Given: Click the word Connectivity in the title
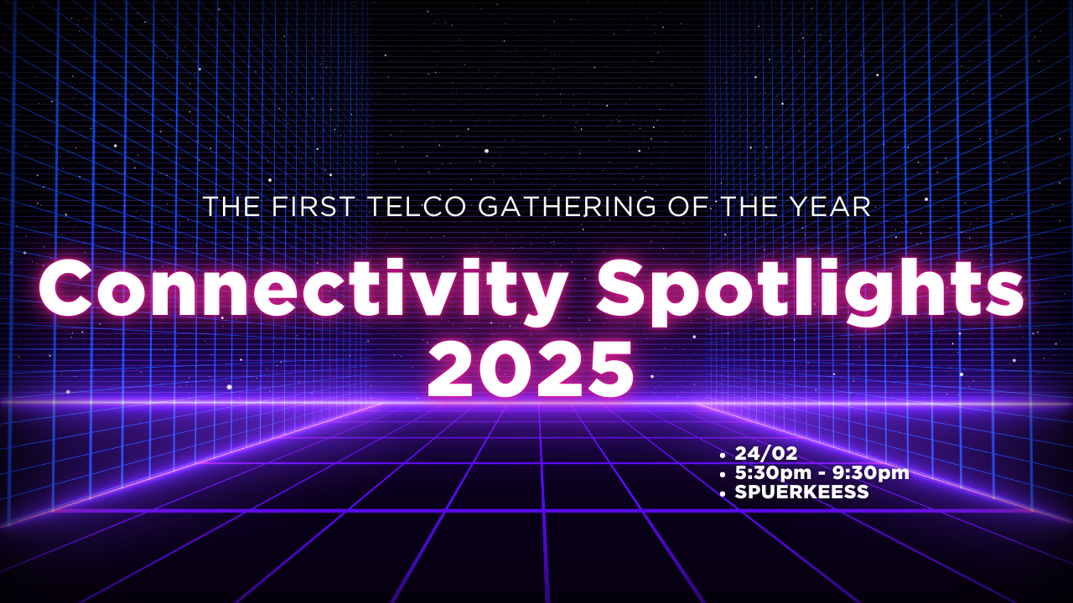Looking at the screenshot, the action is [x=303, y=291].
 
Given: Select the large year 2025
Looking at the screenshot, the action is [x=531, y=369].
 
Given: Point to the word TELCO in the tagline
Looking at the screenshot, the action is [x=417, y=206].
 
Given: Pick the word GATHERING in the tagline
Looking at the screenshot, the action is [x=567, y=206].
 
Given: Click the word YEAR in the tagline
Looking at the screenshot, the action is [x=830, y=206].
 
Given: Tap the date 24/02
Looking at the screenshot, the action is [x=766, y=453].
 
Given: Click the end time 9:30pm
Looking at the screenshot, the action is [x=870, y=473].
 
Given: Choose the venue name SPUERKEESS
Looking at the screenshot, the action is [x=801, y=492].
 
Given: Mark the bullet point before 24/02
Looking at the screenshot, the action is [x=723, y=456].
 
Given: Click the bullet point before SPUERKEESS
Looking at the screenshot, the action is [x=723, y=494].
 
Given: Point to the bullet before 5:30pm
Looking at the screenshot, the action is [x=723, y=475].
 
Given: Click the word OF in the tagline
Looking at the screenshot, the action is [x=687, y=206].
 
